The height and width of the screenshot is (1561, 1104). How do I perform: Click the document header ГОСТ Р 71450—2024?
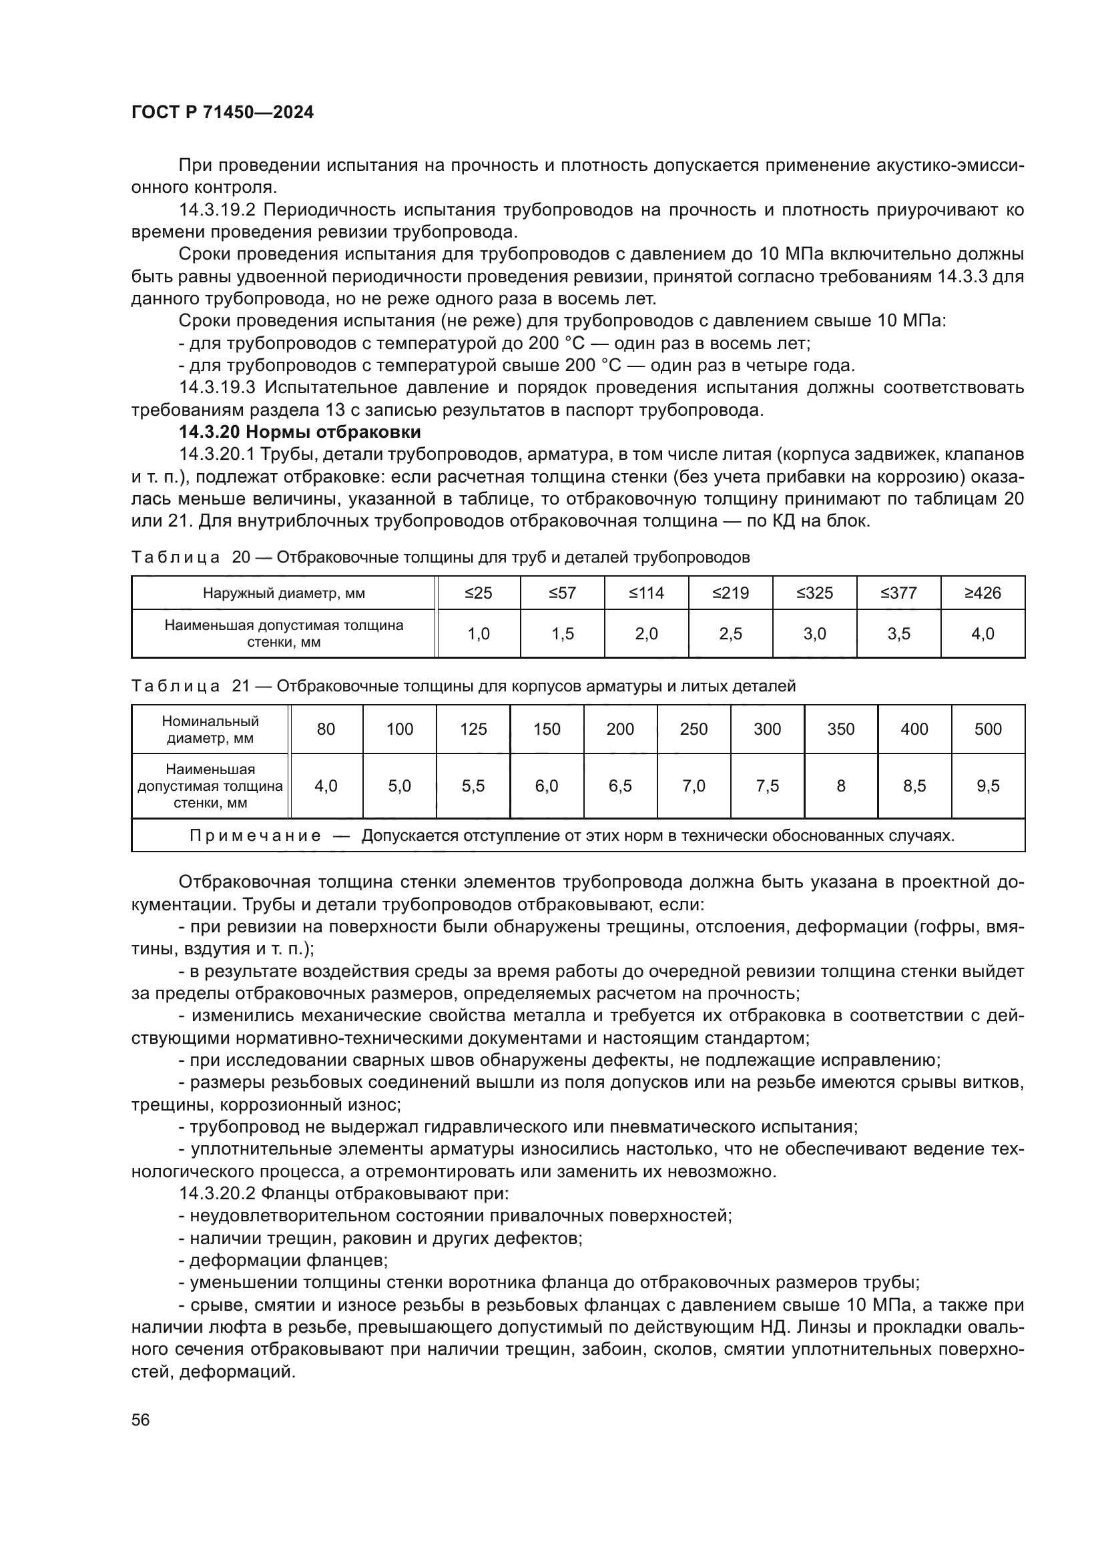(222, 113)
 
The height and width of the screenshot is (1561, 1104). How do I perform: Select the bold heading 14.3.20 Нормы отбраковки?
(299, 432)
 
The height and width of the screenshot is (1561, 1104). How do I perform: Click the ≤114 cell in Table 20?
(646, 593)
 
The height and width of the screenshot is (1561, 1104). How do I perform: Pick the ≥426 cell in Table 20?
(983, 593)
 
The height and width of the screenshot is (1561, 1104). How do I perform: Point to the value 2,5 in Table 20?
(730, 633)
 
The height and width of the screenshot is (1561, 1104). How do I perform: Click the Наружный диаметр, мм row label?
(284, 593)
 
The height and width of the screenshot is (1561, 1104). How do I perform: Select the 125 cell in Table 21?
(473, 729)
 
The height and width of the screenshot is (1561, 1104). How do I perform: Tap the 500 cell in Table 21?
(988, 729)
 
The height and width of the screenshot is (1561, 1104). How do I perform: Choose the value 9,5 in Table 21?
(988, 786)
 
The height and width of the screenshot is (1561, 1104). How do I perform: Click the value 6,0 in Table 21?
(547, 786)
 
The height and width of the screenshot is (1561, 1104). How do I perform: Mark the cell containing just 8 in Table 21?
(841, 786)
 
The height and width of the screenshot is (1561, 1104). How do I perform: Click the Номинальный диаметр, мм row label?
(210, 729)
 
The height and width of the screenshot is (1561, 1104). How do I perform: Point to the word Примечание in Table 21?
(255, 836)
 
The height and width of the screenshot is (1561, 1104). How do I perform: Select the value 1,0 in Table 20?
(479, 633)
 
